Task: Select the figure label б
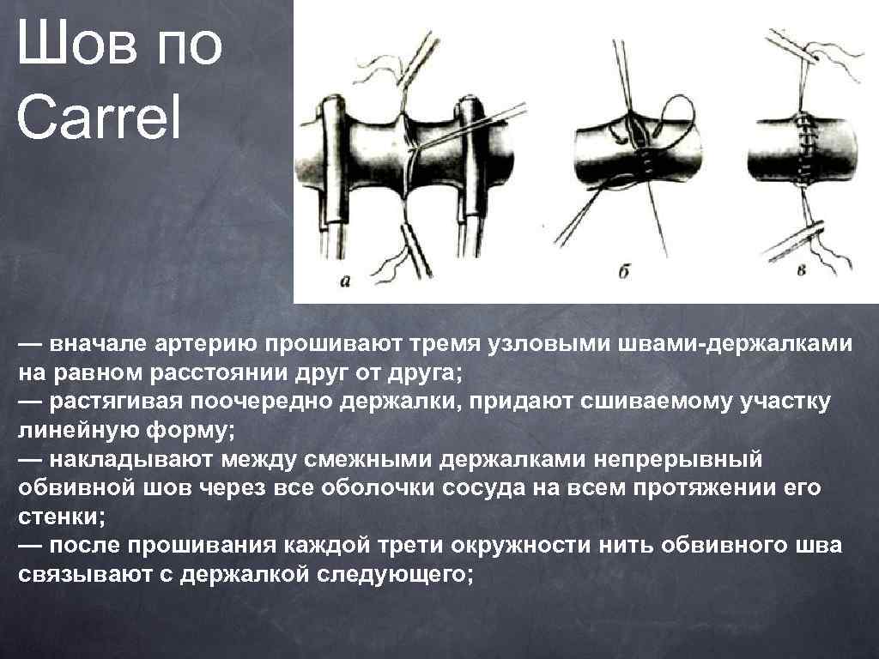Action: [624, 274]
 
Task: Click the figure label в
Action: [802, 272]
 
